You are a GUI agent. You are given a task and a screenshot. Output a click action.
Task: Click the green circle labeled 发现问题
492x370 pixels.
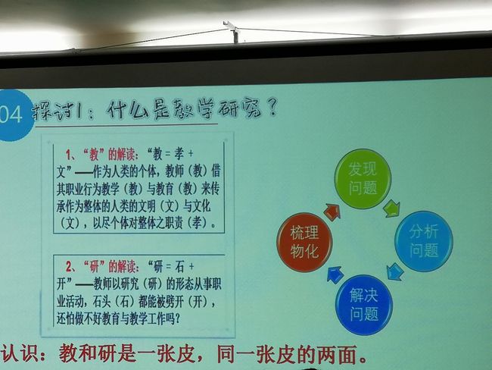pyautogui.click(x=363, y=179)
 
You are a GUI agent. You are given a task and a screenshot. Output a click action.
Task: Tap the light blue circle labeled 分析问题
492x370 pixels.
pyautogui.click(x=423, y=241)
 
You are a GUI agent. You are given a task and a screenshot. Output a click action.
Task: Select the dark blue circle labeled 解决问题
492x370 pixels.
pyautogui.click(x=364, y=305)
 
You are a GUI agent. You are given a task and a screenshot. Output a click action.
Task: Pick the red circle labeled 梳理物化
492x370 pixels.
pyautogui.click(x=304, y=242)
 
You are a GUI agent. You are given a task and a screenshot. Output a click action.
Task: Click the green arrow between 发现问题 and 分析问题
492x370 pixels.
pyautogui.click(x=391, y=209)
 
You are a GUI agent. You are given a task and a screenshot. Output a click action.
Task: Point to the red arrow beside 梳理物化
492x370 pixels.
pyautogui.click(x=332, y=212)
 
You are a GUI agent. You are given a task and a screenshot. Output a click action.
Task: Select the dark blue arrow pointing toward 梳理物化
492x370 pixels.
pyautogui.click(x=335, y=274)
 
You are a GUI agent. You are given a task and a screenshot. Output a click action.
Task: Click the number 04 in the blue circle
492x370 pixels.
pyautogui.click(x=11, y=114)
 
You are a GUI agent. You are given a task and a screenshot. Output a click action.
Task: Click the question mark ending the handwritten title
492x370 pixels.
pyautogui.click(x=272, y=107)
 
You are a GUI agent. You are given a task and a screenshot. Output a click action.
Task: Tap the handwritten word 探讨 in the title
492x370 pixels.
pyautogui.click(x=53, y=111)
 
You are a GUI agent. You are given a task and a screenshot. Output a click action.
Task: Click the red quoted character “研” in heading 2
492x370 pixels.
pyautogui.click(x=94, y=267)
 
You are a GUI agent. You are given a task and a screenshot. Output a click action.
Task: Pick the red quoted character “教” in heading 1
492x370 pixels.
pyautogui.click(x=94, y=155)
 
